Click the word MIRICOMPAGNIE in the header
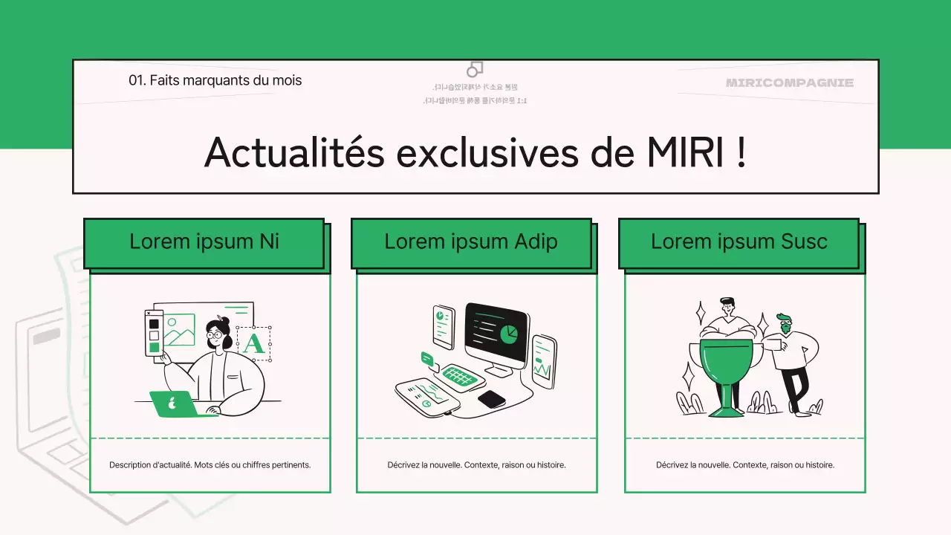coord(790,82)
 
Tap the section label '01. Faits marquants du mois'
coord(215,80)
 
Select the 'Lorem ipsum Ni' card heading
coord(204,241)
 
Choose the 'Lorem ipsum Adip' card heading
coord(471,241)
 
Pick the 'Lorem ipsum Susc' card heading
coord(739,241)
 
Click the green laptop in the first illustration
coord(175,404)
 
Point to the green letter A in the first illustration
coord(253,343)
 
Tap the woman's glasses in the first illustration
coord(215,334)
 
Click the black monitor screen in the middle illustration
coord(496,332)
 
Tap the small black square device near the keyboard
coord(491,399)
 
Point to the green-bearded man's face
coord(784,324)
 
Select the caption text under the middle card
coord(476,465)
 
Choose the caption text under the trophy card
coord(744,465)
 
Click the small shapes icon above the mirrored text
coord(475,69)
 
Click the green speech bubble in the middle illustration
coord(426,358)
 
